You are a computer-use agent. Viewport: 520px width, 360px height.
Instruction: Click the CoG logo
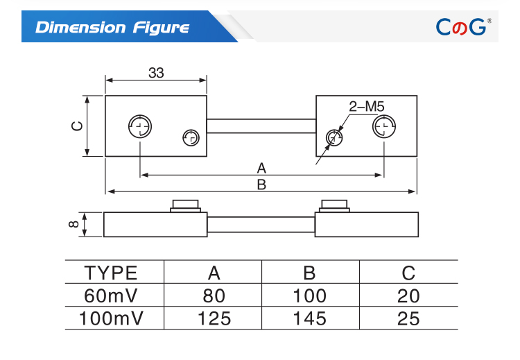tap(463, 26)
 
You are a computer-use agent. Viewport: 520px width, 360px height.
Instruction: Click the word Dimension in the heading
tap(80, 27)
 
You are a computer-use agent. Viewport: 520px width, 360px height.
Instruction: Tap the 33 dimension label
tap(156, 73)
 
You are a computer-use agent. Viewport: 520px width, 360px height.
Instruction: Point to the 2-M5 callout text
tap(367, 107)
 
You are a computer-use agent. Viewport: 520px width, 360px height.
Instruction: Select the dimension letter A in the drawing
tap(261, 169)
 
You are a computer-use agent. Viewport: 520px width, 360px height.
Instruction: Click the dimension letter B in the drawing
tap(261, 185)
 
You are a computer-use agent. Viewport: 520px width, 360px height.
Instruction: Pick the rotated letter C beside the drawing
tap(77, 126)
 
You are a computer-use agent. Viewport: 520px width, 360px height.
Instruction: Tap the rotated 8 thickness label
tap(73, 224)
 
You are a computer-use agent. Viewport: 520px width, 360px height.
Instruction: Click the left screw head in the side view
tap(185, 206)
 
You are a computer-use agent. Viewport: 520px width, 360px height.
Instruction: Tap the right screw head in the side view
tap(334, 206)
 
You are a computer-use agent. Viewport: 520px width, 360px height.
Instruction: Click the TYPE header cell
tap(111, 273)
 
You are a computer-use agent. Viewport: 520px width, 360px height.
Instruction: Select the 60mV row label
tap(111, 295)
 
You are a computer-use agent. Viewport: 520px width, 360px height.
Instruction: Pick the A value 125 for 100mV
tap(214, 318)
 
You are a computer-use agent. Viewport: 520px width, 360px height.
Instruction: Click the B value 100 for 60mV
tap(310, 295)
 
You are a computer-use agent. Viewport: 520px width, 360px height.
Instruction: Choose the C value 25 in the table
tap(408, 318)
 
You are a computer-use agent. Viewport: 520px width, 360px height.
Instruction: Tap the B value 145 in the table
tap(310, 318)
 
